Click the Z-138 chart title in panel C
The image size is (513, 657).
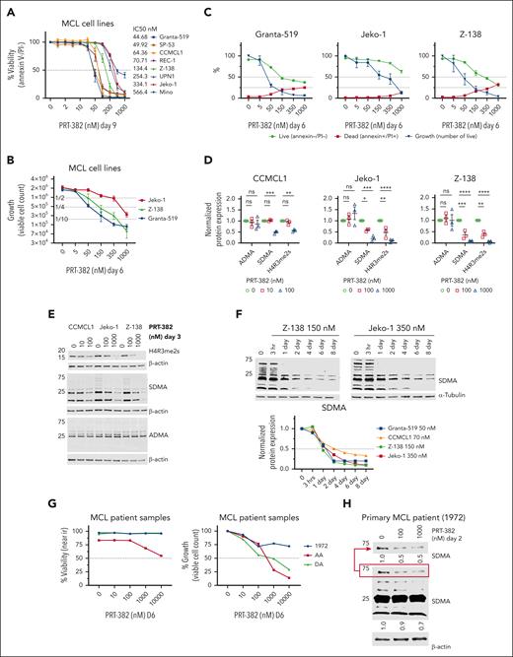[461, 18]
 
